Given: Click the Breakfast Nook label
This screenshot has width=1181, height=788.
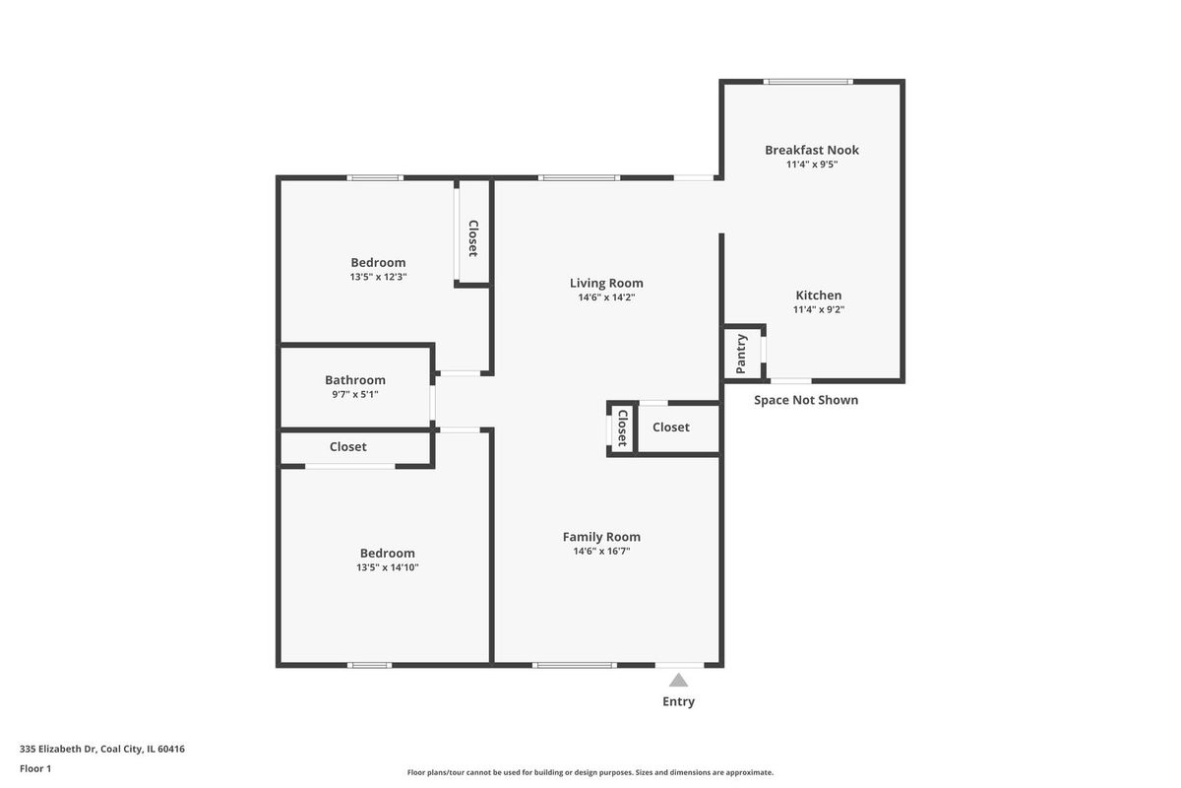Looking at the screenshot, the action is (811, 150).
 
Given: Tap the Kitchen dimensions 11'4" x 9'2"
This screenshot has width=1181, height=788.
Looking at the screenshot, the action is (818, 310).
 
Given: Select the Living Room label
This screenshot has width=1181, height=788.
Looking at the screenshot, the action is (606, 283).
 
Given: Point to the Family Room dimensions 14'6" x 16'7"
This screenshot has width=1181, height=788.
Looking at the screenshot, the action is (601, 551).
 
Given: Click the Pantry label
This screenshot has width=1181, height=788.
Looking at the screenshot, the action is (741, 354).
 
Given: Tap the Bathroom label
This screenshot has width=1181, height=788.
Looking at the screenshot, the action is (355, 380).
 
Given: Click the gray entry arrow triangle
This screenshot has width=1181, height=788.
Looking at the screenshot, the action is (678, 680).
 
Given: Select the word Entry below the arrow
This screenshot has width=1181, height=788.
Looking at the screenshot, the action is (678, 701).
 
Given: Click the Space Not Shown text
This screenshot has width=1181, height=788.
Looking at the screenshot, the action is (806, 400).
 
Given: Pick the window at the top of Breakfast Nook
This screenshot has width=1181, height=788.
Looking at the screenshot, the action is (808, 82).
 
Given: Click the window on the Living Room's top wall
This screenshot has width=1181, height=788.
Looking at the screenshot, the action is (579, 178).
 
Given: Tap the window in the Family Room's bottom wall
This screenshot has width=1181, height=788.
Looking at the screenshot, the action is (574, 665).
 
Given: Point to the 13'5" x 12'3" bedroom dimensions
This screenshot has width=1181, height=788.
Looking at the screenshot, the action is (378, 277).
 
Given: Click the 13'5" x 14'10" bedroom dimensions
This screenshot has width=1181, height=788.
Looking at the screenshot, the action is (388, 568).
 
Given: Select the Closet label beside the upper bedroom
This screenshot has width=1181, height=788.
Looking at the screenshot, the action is (473, 238).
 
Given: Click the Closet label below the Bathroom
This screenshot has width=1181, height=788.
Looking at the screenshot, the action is (348, 447).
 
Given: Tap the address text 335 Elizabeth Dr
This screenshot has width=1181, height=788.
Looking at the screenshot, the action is (58, 749).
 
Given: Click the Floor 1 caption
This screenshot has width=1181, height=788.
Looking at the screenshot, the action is (35, 768).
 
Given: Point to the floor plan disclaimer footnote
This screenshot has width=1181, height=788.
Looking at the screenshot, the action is (590, 772).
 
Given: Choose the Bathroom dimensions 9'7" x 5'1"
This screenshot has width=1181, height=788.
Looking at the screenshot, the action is (355, 394).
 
